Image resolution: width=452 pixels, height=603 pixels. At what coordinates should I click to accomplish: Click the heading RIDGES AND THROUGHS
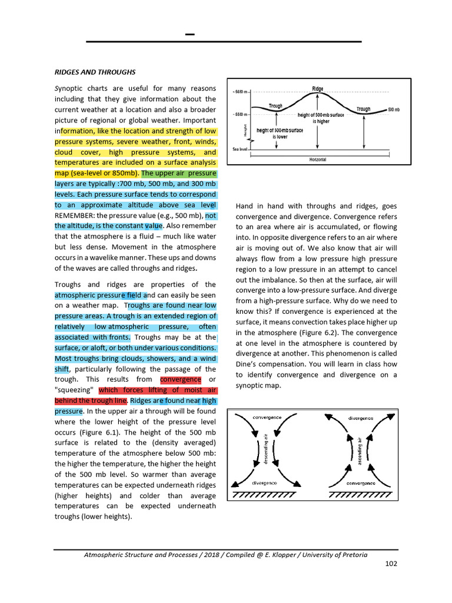[95, 72]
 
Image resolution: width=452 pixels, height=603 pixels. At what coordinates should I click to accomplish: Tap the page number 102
[391, 564]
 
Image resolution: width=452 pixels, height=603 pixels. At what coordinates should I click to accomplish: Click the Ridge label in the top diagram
[317, 89]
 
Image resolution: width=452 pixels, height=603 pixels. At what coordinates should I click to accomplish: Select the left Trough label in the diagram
[275, 107]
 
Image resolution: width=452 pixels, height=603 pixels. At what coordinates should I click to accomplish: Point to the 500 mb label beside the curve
[394, 110]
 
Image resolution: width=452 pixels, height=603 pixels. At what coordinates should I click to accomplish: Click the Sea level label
[240, 150]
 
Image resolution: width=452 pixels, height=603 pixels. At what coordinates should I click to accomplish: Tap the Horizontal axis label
[317, 159]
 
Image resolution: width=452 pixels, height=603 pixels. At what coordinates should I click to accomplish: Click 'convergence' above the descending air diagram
[267, 417]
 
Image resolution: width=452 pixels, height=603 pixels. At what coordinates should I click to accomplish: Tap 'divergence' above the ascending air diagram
[361, 418]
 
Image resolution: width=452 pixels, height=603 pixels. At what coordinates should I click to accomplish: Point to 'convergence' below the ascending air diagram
[361, 483]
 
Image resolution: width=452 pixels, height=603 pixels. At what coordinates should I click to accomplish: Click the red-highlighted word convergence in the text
[180, 379]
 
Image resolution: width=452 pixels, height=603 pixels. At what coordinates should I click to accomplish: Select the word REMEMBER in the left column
[76, 216]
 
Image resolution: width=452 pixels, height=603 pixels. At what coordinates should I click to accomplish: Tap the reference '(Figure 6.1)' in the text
[133, 432]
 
